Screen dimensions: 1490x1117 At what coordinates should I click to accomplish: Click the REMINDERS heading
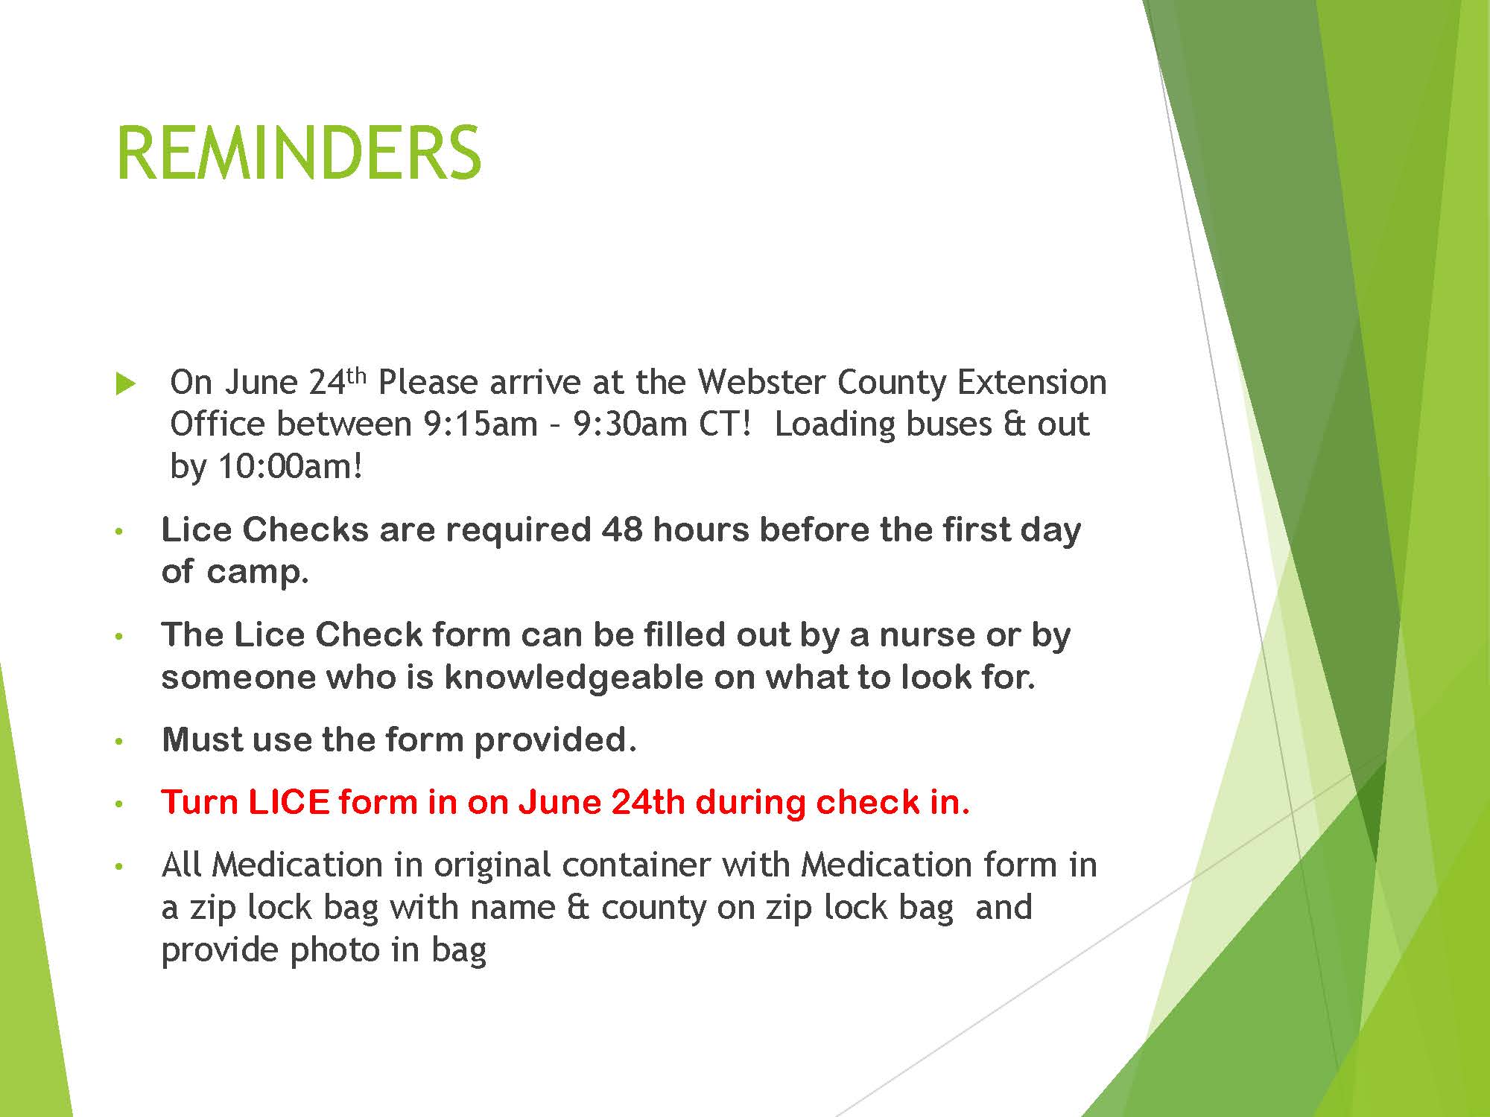[299, 153]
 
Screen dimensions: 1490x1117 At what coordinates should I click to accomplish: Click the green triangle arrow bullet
[127, 384]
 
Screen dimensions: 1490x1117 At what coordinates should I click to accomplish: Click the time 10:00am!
[290, 467]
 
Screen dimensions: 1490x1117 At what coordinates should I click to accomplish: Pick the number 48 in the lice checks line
[622, 529]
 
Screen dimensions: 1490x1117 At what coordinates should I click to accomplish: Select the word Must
[202, 740]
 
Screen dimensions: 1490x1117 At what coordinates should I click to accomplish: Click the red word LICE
[288, 802]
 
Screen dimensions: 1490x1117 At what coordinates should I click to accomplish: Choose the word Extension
[1032, 382]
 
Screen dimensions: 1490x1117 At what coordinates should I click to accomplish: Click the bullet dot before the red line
[118, 804]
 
